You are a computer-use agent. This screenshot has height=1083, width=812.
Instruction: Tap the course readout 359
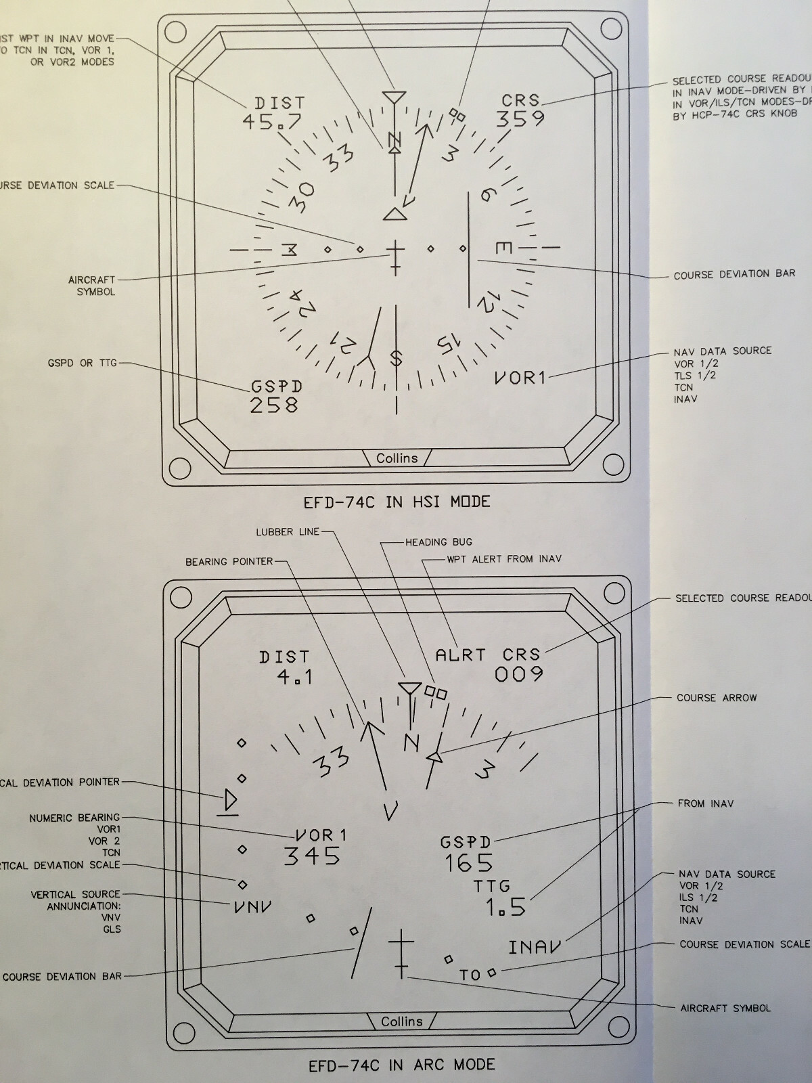coord(520,118)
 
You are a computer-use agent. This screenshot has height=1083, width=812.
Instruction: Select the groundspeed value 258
coord(274,405)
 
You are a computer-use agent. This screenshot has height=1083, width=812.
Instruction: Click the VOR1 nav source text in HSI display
coord(520,378)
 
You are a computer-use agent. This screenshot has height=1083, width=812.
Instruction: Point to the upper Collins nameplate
coord(397,458)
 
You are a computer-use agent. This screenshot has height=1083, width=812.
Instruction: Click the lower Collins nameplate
coord(401,1021)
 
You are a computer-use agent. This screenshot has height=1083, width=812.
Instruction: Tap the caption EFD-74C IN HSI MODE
coord(397,502)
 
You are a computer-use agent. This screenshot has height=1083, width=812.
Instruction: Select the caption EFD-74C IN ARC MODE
coord(401,1064)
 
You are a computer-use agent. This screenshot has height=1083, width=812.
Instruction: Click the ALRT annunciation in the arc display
coord(461,655)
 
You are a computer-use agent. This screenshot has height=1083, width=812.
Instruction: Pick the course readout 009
coord(519,674)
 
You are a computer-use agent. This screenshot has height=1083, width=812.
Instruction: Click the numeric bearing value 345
coord(312,856)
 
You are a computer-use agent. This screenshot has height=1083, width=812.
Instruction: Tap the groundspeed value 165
coord(469,863)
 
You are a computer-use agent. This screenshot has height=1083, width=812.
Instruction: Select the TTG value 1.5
coord(505,908)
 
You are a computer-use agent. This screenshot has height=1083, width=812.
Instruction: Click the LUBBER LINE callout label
coord(287,532)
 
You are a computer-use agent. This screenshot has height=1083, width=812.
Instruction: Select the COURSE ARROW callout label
coord(717,698)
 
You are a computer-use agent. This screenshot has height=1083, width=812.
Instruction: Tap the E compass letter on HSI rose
coord(503,248)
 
